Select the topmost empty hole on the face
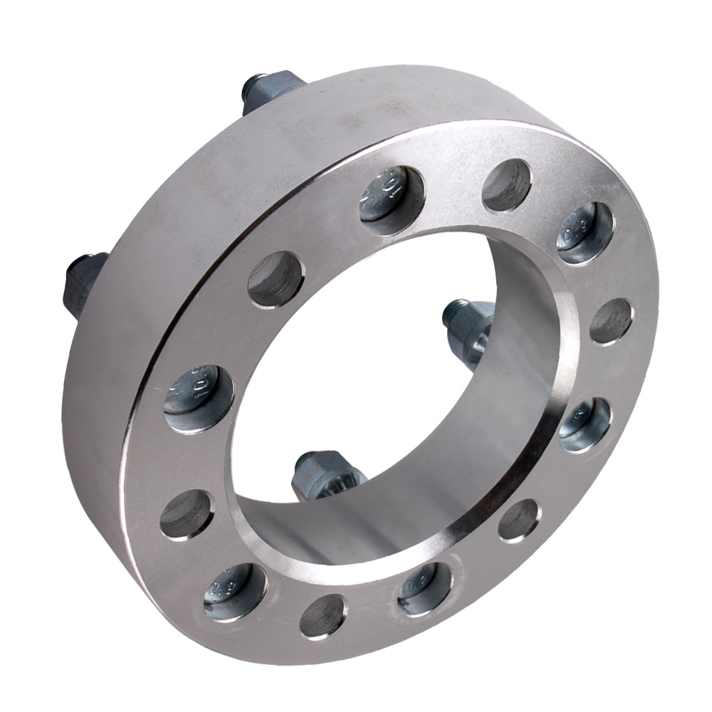[506, 185]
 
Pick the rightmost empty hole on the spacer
[611, 321]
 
